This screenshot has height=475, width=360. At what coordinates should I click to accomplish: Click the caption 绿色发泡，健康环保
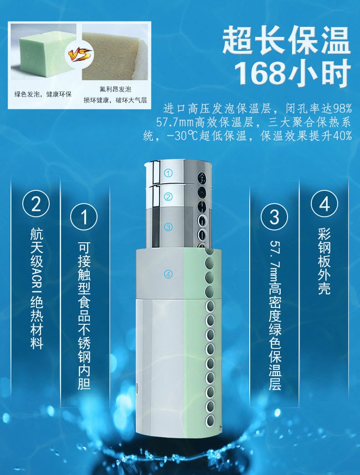43,95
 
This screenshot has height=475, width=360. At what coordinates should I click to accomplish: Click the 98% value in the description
341,109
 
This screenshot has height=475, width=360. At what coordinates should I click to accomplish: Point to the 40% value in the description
341,136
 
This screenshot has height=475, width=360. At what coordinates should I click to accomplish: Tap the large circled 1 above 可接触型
84,217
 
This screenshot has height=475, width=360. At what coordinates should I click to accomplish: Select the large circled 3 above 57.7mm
274,217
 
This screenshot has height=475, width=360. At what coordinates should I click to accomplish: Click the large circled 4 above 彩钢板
324,204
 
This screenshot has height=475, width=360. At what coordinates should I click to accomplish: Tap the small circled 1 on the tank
169,173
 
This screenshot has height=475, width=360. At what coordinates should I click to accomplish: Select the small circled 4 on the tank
169,274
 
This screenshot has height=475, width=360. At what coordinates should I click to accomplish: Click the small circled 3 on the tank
169,226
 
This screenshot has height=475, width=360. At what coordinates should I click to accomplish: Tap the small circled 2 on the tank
169,197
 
